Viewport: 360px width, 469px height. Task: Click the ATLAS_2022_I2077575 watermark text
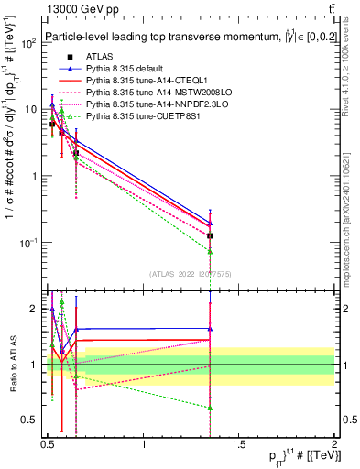pyautogui.click(x=196, y=273)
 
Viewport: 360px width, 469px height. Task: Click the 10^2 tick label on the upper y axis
pyautogui.click(x=29, y=43)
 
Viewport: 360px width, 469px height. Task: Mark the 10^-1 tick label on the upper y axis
pyautogui.click(x=29, y=243)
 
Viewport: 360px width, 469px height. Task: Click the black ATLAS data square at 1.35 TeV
pyautogui.click(x=211, y=235)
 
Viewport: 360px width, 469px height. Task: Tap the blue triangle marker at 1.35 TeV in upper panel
pyautogui.click(x=211, y=223)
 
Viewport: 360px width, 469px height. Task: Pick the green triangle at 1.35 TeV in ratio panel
pyautogui.click(x=211, y=408)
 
